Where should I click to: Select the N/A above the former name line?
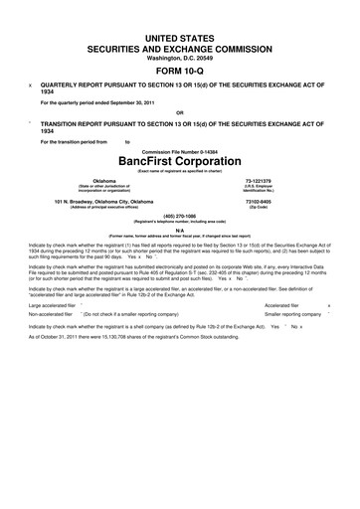click(179, 230)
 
